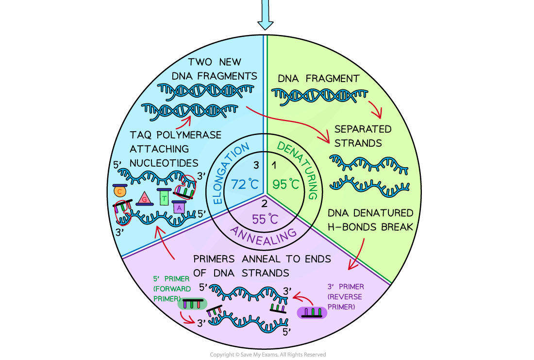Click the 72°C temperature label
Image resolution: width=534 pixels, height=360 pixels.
pos(244,185)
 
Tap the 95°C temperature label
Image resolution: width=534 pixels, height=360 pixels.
pos(285,185)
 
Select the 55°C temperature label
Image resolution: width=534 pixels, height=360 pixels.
pos(265,219)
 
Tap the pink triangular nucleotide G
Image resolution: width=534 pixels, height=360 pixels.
pos(144,198)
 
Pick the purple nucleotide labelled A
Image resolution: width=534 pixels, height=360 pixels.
pos(179,207)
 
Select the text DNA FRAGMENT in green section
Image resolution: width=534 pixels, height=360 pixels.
pos(318,78)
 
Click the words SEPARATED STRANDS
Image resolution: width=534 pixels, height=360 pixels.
pos(363,136)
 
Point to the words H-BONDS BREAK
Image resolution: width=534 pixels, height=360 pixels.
pos(370,226)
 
